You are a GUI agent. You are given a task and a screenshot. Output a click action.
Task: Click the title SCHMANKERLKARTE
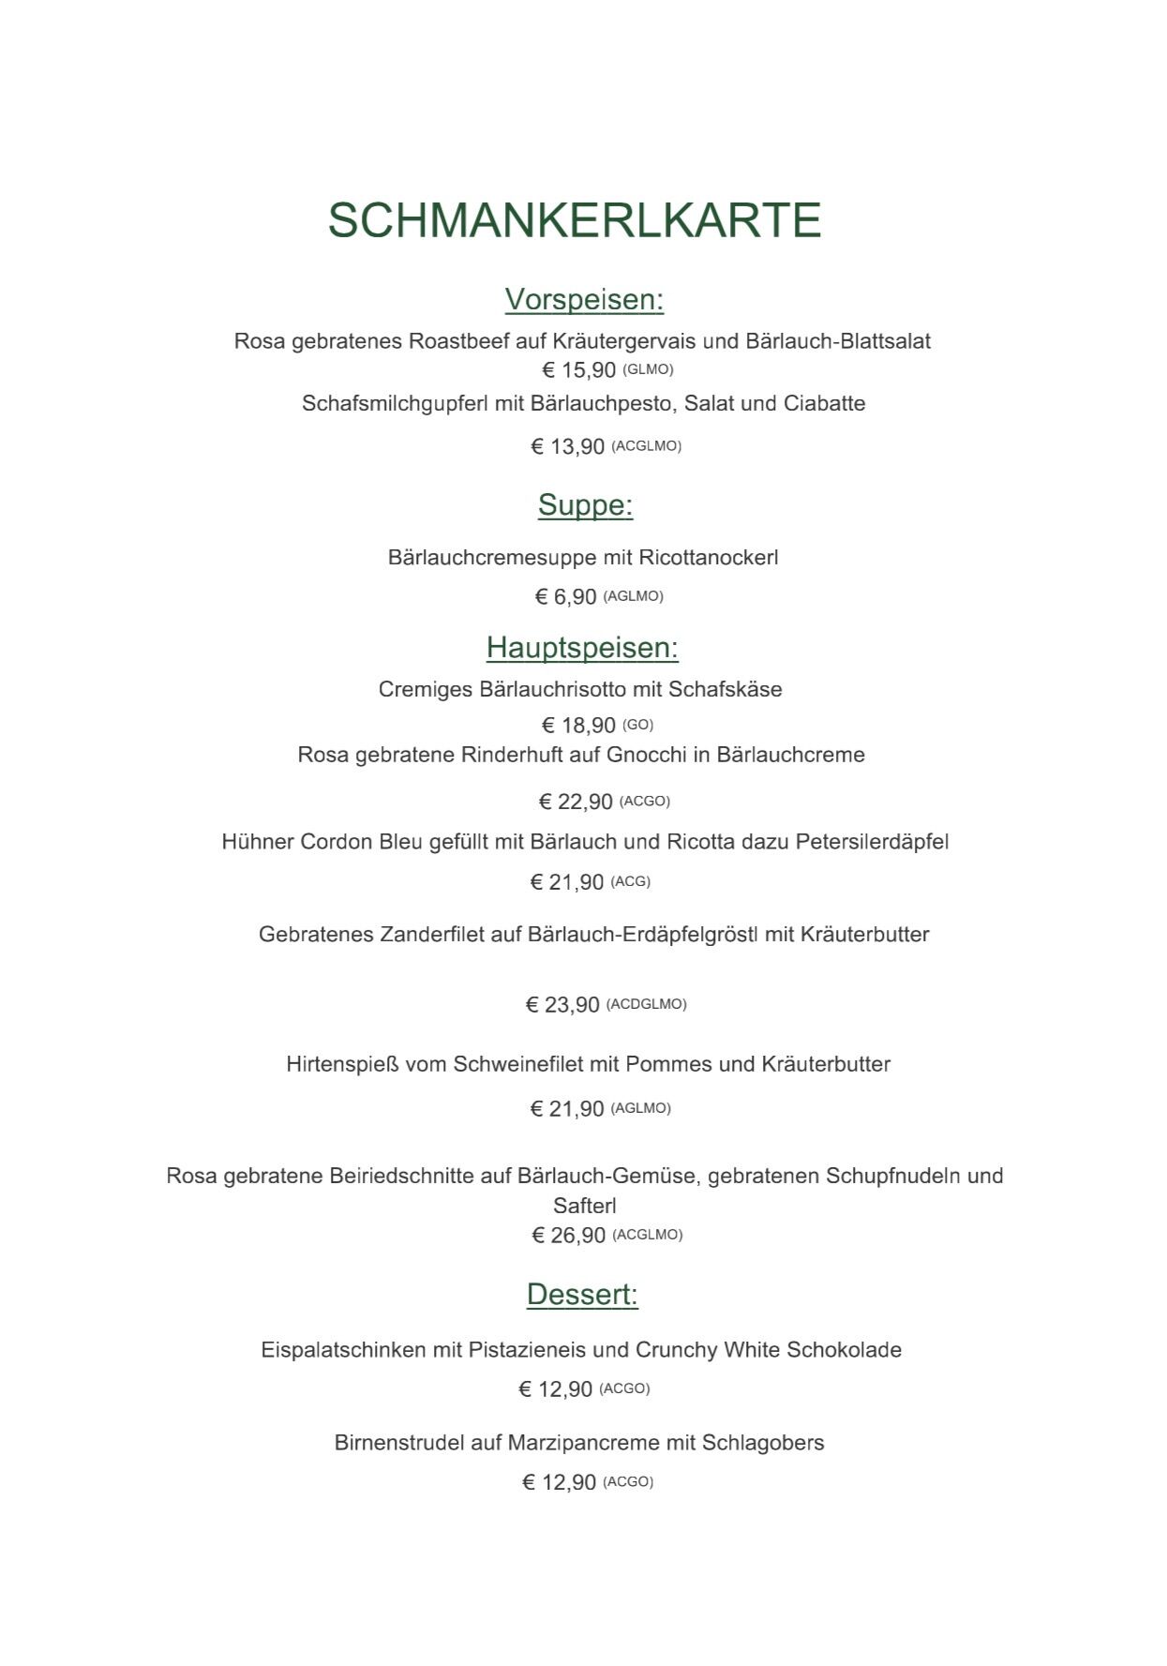click(574, 220)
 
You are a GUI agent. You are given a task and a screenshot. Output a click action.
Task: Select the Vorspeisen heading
click(584, 300)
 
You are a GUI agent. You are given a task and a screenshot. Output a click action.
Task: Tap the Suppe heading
click(585, 505)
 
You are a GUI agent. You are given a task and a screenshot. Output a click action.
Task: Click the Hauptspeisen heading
click(582, 648)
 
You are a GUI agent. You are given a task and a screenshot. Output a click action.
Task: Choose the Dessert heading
click(582, 1295)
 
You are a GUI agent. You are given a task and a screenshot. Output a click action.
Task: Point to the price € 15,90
click(578, 370)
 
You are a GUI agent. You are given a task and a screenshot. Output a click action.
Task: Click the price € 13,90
click(567, 447)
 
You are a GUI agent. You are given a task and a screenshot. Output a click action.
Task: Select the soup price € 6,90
click(565, 597)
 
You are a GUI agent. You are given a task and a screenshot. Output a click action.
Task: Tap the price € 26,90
click(568, 1236)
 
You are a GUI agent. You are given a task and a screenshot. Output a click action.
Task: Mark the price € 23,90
click(561, 1005)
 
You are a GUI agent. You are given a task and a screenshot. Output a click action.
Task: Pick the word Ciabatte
click(824, 404)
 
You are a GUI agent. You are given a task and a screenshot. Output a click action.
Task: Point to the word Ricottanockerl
click(708, 558)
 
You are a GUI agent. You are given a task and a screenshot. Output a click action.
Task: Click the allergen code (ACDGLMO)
click(647, 1004)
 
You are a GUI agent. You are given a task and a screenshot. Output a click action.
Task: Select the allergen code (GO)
click(637, 725)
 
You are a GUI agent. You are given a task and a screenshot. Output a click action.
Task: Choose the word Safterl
click(584, 1207)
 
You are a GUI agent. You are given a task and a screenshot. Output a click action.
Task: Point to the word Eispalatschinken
click(342, 1351)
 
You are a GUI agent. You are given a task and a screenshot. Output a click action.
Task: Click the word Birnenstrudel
click(399, 1443)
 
